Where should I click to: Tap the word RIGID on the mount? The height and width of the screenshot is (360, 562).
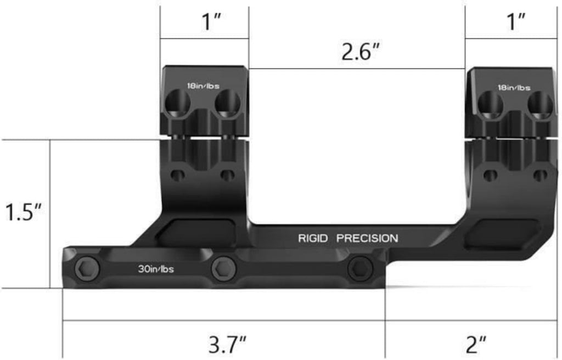coord(313,239)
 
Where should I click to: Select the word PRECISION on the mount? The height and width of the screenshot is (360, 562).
coord(367,239)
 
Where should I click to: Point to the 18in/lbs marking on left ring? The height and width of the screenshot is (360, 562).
coord(203,86)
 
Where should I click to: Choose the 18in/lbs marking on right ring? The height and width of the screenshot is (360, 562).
coord(514,87)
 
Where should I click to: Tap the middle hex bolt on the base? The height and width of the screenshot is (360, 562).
coord(224,268)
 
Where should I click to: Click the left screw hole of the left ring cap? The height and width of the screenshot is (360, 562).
coord(179,102)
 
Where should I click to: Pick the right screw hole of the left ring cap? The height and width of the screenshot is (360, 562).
coord(227,102)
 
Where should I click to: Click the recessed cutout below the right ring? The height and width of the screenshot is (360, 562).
coord(501,232)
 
